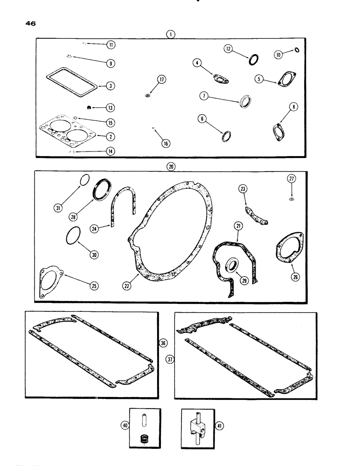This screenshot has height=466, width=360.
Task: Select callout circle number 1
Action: click(173, 34)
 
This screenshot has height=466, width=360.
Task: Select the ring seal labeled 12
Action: click(254, 60)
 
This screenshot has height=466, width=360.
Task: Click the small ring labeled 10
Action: click(297, 50)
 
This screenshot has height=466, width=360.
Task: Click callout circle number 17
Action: click(147, 80)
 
